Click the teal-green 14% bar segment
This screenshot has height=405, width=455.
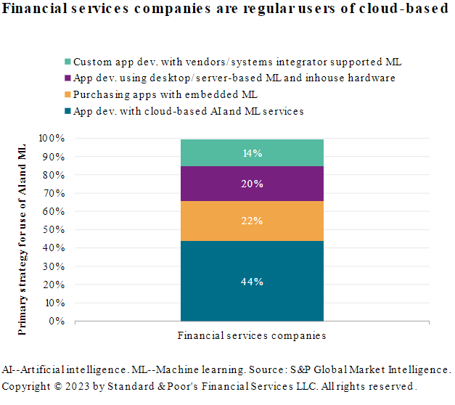click(252, 152)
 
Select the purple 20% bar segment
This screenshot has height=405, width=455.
click(252, 184)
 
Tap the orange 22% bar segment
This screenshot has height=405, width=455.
click(252, 221)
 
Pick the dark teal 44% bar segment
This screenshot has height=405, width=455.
click(252, 281)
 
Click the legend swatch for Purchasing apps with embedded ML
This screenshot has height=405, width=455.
click(67, 95)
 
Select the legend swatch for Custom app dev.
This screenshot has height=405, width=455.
click(67, 62)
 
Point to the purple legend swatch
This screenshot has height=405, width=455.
click(67, 78)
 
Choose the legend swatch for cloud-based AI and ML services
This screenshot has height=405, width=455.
click(67, 112)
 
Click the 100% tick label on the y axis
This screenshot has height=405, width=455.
click(52, 138)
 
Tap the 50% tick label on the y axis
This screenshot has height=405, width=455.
click(54, 229)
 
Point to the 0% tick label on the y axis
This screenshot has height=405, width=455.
click(57, 321)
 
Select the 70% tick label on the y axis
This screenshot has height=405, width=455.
click(54, 193)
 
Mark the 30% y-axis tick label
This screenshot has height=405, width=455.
click(54, 266)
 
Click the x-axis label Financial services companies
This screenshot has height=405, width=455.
click(252, 336)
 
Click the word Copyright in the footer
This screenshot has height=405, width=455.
click(25, 385)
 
